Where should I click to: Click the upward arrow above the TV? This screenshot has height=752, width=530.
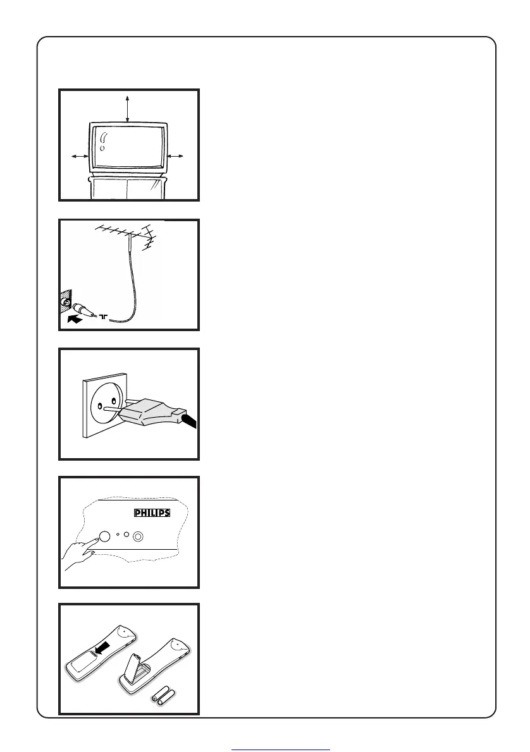tap(128, 108)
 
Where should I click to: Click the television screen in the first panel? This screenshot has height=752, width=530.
tap(128, 147)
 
